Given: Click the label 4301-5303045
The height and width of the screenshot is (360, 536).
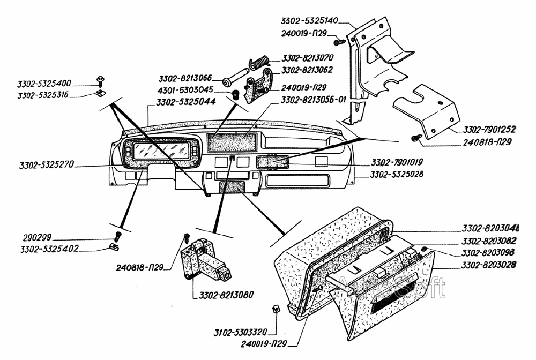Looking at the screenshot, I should [185, 90].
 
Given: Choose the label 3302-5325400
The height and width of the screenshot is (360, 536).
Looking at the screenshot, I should [44, 84].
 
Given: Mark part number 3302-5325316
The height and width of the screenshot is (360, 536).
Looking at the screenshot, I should [44, 95].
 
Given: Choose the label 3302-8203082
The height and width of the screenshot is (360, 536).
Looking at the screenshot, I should [489, 241].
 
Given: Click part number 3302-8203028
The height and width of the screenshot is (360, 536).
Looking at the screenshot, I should [489, 265].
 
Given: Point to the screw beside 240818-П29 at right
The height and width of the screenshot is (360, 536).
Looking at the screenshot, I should [414, 139].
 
